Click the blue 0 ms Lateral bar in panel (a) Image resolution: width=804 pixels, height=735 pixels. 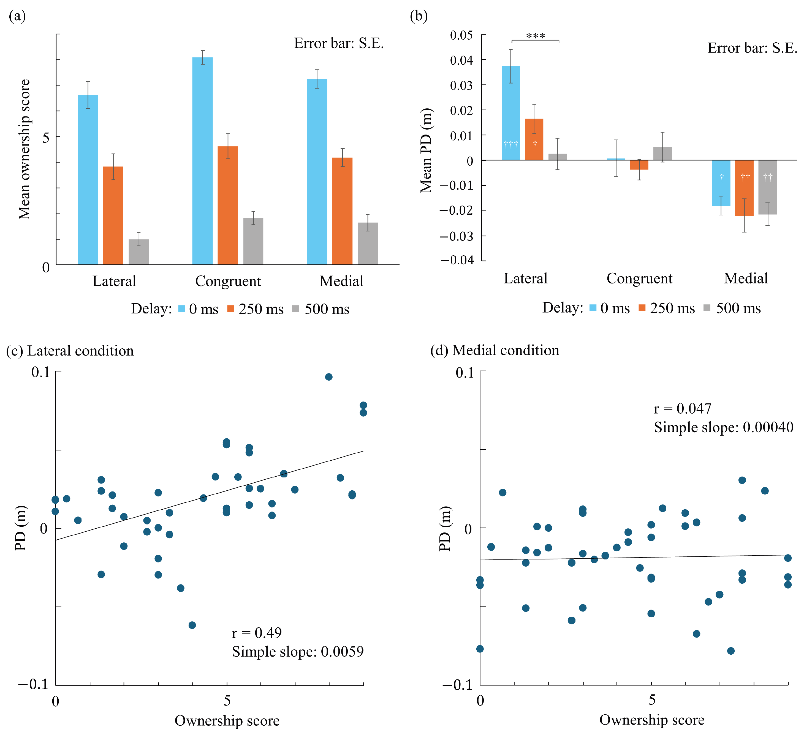88,179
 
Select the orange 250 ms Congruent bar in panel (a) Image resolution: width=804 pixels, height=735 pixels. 228,205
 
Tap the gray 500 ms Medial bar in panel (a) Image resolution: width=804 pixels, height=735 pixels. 367,243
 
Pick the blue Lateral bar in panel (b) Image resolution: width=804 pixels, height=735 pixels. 510,113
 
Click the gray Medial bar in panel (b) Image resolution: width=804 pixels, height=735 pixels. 767,187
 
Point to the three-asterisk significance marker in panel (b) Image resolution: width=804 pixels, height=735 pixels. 536,36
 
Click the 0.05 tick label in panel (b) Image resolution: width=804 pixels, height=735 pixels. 461,35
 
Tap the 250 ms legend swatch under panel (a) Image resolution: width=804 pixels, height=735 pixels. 230,308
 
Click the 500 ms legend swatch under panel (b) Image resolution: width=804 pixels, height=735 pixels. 707,308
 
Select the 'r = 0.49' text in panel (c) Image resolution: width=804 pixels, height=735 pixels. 257,633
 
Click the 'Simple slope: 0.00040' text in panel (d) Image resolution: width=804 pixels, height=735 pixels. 723,427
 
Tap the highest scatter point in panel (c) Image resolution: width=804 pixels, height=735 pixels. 328,377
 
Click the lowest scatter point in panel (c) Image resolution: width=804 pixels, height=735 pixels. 192,625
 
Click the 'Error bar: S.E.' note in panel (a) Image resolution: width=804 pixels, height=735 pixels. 339,43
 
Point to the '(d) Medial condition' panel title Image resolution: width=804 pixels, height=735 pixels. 495,350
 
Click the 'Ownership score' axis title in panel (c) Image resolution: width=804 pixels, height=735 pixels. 227,720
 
